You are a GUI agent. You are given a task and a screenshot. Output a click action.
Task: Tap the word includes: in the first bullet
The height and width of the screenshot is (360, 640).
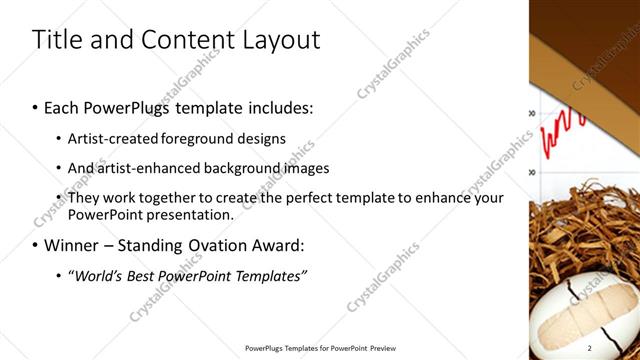tap(271, 107)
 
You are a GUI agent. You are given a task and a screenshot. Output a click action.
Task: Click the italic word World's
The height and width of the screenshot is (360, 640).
tap(95, 275)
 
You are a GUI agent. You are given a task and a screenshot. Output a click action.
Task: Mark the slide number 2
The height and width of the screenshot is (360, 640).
tap(618, 348)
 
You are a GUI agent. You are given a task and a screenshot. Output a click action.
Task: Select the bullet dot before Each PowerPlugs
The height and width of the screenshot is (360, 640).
tap(36, 108)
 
